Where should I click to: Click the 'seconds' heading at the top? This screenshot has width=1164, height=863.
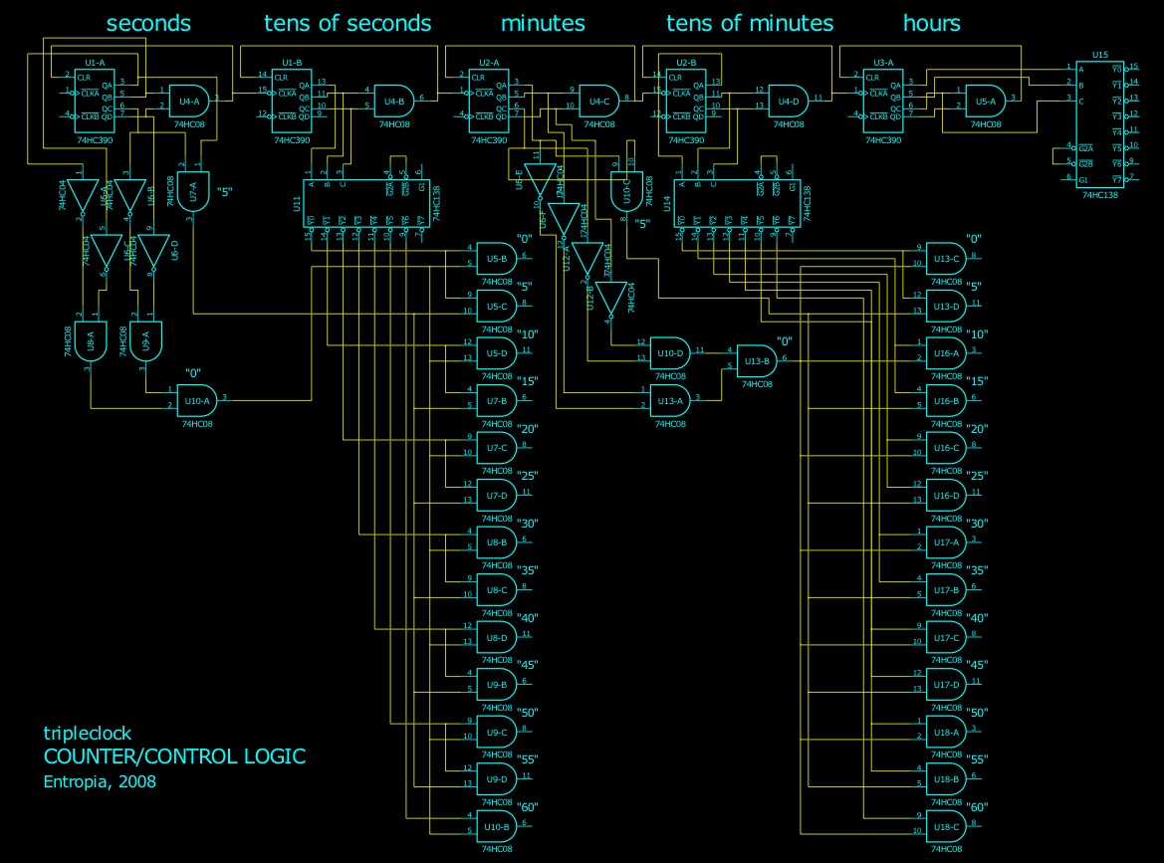(x=148, y=23)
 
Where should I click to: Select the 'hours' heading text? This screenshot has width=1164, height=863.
(x=931, y=23)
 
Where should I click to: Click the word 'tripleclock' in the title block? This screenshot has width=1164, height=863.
(x=88, y=734)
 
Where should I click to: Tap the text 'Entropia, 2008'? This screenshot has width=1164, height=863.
(x=100, y=781)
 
